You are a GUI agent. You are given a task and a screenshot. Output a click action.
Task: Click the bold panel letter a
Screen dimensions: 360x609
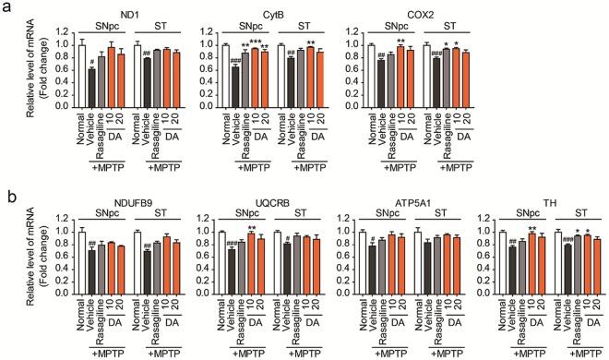click(7, 8)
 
